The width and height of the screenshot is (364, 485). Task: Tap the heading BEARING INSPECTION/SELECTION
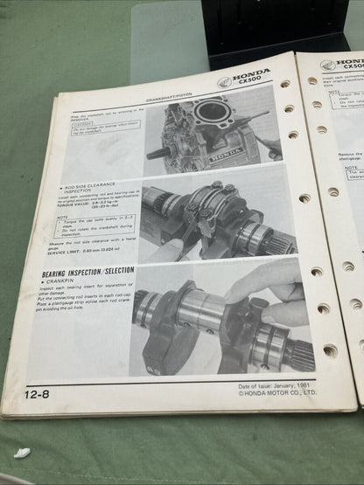pyautogui.click(x=81, y=271)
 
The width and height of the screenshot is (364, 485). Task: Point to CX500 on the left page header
pyautogui.click(x=254, y=89)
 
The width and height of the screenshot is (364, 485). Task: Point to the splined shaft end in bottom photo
pyautogui.click(x=297, y=353)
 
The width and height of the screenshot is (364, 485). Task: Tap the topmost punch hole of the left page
pyautogui.click(x=285, y=84)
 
